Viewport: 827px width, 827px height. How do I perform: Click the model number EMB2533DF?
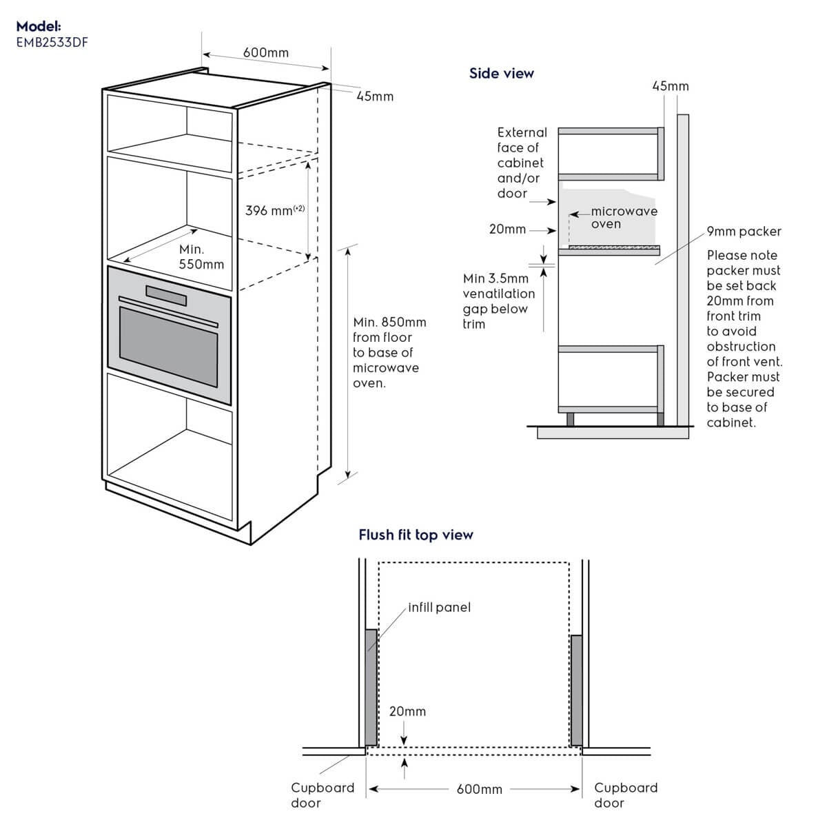pyautogui.click(x=52, y=43)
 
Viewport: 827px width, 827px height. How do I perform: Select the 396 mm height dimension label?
pyautogui.click(x=275, y=210)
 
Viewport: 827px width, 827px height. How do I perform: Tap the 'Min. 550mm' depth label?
pyautogui.click(x=201, y=256)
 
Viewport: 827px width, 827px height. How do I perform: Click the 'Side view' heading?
pyautogui.click(x=501, y=73)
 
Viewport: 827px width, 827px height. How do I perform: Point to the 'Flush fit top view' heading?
pyautogui.click(x=416, y=535)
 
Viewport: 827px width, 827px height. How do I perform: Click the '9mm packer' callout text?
pyautogui.click(x=744, y=232)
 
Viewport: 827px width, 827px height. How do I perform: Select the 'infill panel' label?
pyautogui.click(x=439, y=607)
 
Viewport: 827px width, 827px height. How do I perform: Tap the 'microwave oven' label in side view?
pyautogui.click(x=624, y=217)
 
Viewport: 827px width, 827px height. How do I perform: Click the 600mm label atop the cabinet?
pyautogui.click(x=265, y=52)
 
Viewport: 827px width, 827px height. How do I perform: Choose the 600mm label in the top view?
pyautogui.click(x=480, y=789)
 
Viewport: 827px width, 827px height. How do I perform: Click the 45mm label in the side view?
pyautogui.click(x=671, y=86)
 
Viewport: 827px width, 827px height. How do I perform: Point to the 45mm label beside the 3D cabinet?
pyautogui.click(x=375, y=96)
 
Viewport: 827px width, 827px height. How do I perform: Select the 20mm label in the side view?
pyautogui.click(x=507, y=229)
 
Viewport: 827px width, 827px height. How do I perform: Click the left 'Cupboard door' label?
pyautogui.click(x=323, y=795)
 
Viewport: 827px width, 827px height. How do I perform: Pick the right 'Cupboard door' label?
pyautogui.click(x=626, y=795)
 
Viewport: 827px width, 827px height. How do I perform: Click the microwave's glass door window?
pyautogui.click(x=169, y=347)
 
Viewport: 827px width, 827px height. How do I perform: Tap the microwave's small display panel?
pyautogui.click(x=166, y=296)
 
